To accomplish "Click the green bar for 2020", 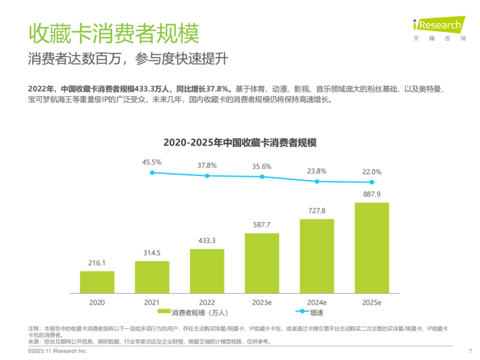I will point(97,281).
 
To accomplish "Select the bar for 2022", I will point(207,269).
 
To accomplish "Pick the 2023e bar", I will point(262,262).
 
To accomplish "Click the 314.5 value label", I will point(151,252).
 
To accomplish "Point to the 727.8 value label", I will point(316,210).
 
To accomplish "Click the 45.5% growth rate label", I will point(151,162).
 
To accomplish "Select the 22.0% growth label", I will point(372,172).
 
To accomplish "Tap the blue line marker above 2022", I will point(207,175).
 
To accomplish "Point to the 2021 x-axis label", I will point(151,301).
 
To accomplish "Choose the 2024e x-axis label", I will point(316,301).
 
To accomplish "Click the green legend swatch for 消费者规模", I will point(164,313).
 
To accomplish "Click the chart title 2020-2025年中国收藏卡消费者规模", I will point(240,143).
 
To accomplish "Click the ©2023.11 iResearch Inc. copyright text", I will point(57,352).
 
